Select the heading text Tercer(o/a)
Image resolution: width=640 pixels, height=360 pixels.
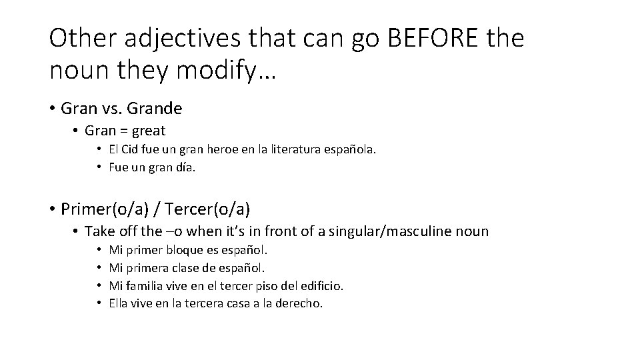point(208,209)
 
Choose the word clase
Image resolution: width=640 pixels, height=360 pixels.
point(193,269)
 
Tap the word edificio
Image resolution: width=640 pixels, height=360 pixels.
point(320,286)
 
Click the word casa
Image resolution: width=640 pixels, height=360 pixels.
point(237,303)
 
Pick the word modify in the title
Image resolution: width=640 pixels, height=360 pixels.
point(219,69)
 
